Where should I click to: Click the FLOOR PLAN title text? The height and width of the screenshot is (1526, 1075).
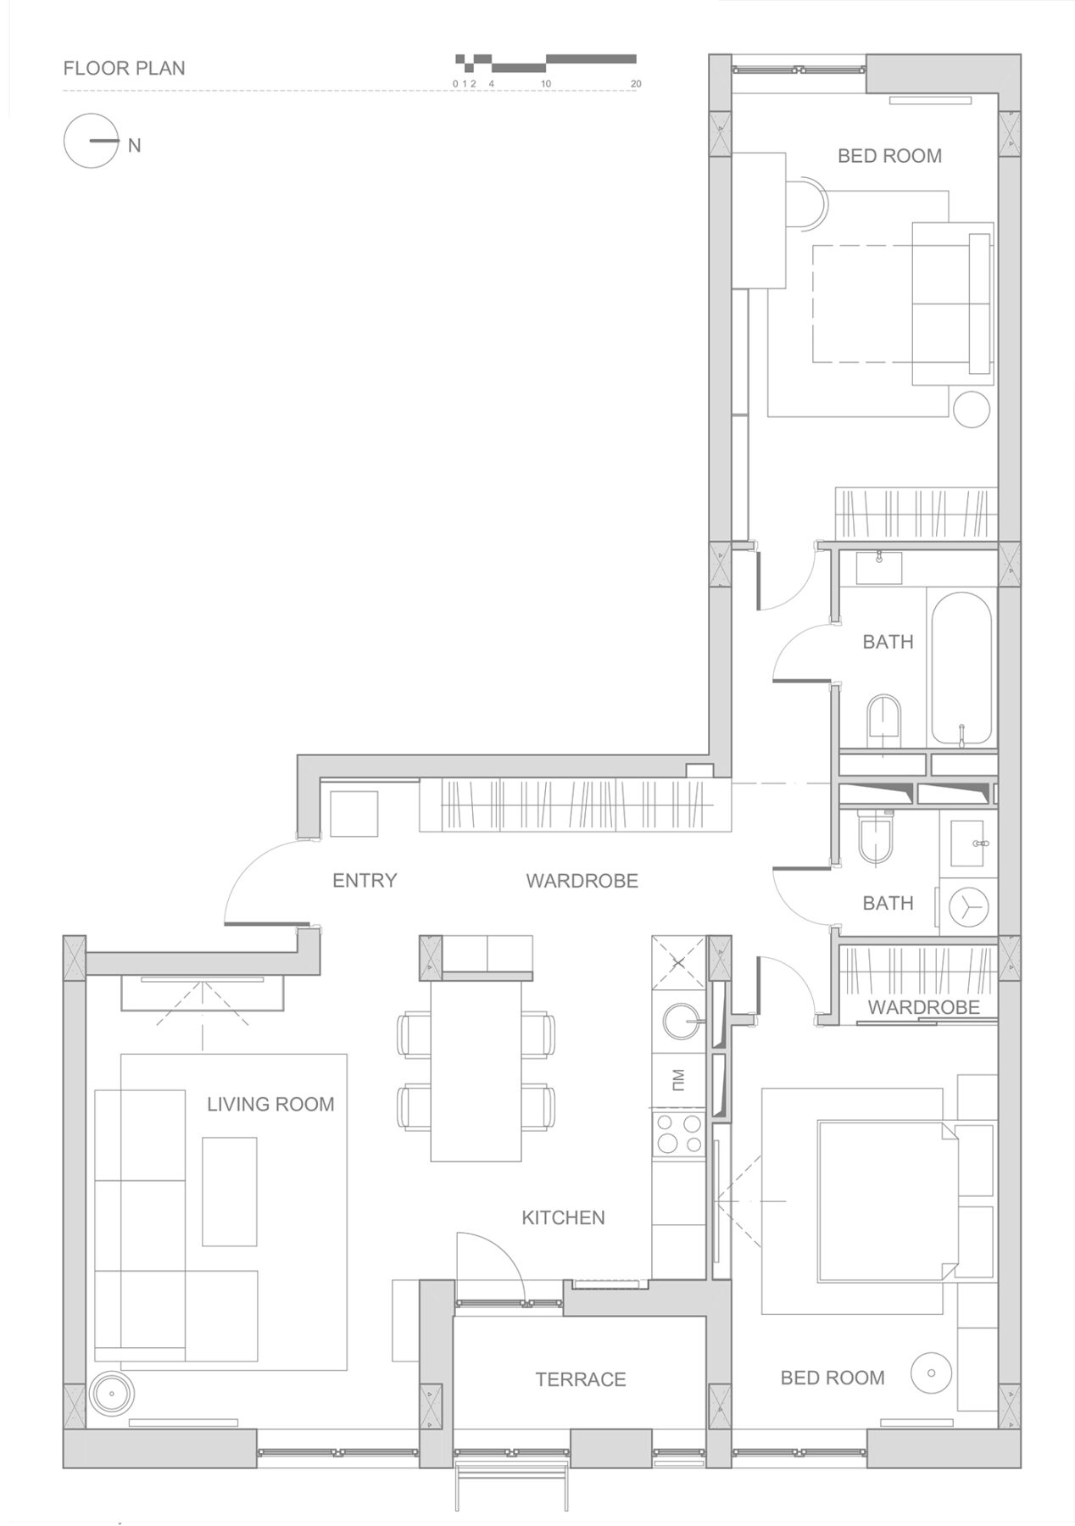tap(124, 68)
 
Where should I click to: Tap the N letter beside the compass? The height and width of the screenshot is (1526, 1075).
tap(134, 146)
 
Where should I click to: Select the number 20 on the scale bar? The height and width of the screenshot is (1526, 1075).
tap(636, 84)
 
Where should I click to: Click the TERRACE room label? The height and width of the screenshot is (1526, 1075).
tap(580, 1379)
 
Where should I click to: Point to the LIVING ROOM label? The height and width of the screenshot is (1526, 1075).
tap(270, 1104)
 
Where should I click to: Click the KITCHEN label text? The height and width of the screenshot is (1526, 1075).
tap(563, 1217)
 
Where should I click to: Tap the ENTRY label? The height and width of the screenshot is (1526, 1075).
tap(365, 880)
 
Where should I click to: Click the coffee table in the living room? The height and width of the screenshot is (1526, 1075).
tap(229, 1191)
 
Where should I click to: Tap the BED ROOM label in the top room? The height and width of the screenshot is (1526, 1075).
tap(889, 156)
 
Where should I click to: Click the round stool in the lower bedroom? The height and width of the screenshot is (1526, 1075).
tap(930, 1373)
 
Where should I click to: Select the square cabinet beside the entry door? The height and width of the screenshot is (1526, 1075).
tap(354, 813)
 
